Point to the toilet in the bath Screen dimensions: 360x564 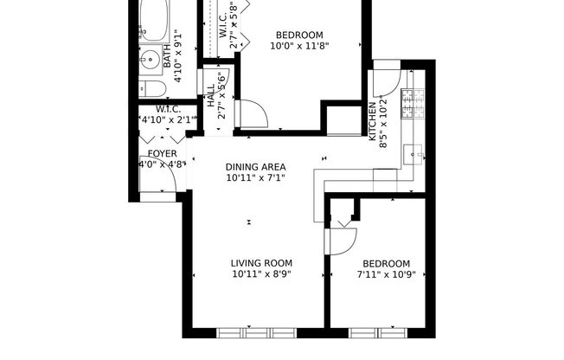[x=151, y=89]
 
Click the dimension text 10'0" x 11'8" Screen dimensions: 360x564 [x=299, y=46]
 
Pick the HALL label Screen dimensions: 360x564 [x=211, y=95]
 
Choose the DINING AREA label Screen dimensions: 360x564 [x=255, y=166]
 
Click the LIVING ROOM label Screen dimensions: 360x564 [x=260, y=263]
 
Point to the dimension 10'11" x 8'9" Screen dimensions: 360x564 [x=260, y=275]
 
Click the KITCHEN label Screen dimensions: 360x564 [x=373, y=121]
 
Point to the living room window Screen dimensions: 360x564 [x=257, y=331]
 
